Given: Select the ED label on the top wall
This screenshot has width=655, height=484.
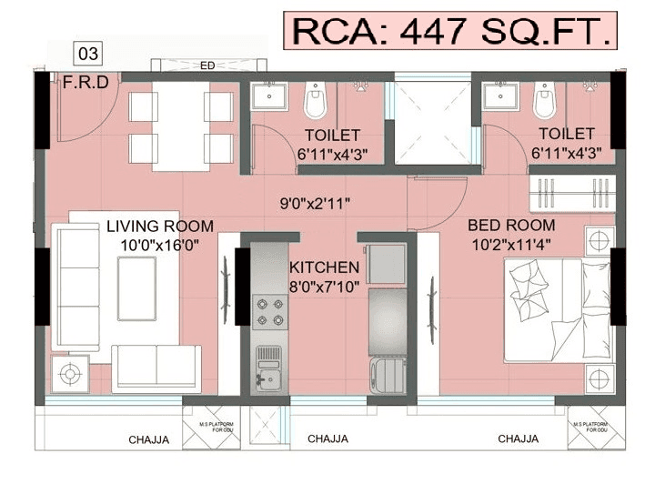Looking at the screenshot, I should click(x=207, y=65).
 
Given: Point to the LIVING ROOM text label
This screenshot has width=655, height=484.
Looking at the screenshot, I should click(x=160, y=226).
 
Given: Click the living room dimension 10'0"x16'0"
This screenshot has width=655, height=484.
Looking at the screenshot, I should click(x=160, y=244).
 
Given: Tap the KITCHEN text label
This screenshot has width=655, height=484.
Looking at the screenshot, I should click(x=324, y=267).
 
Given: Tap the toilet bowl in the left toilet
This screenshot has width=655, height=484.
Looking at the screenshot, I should click(x=315, y=101).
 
